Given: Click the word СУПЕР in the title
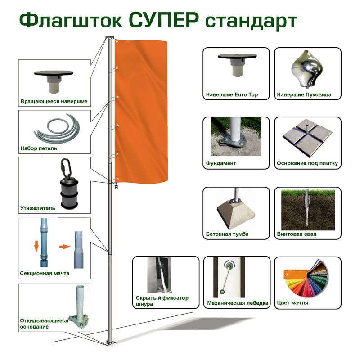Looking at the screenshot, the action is pyautogui.click(x=164, y=21).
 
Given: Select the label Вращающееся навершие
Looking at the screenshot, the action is pyautogui.click(x=54, y=101).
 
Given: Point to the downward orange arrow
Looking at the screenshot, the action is pyautogui.click(x=36, y=246).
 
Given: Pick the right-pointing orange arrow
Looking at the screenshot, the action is pyautogui.click(x=65, y=247).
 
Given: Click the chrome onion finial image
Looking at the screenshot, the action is pyautogui.click(x=307, y=69).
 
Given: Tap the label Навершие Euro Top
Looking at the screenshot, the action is pyautogui.click(x=232, y=94).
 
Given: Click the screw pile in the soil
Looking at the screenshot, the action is pyautogui.click(x=307, y=208).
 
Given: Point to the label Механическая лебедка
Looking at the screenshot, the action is pyautogui.click(x=238, y=303).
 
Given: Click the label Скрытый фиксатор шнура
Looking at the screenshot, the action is pyautogui.click(x=162, y=301).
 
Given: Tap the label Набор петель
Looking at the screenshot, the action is pyautogui.click(x=39, y=148).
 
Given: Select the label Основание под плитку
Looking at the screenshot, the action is pyautogui.click(x=307, y=163).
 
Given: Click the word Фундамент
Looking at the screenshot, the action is pyautogui.click(x=221, y=163).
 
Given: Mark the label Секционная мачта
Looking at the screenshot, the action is pyautogui.click(x=45, y=273).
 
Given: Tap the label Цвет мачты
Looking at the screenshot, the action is pyautogui.click(x=293, y=302).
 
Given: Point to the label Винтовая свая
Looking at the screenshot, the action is pyautogui.click(x=297, y=234).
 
